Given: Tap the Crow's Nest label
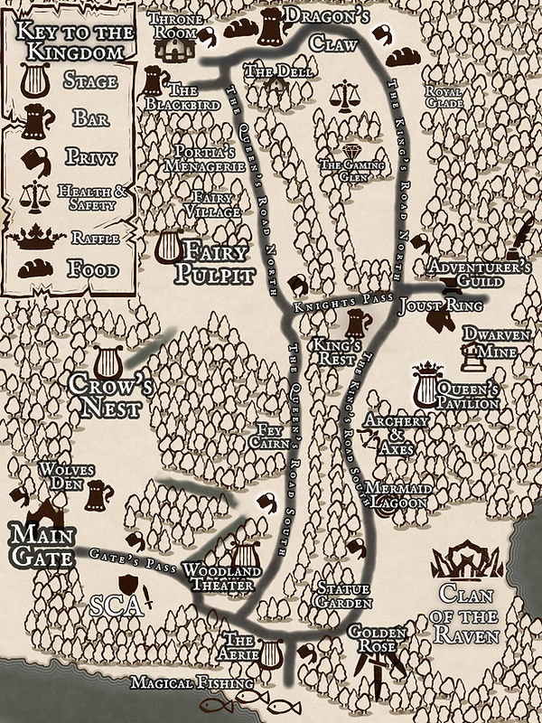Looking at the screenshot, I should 106,396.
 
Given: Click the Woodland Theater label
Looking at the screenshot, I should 223,577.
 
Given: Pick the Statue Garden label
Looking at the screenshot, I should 345,596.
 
